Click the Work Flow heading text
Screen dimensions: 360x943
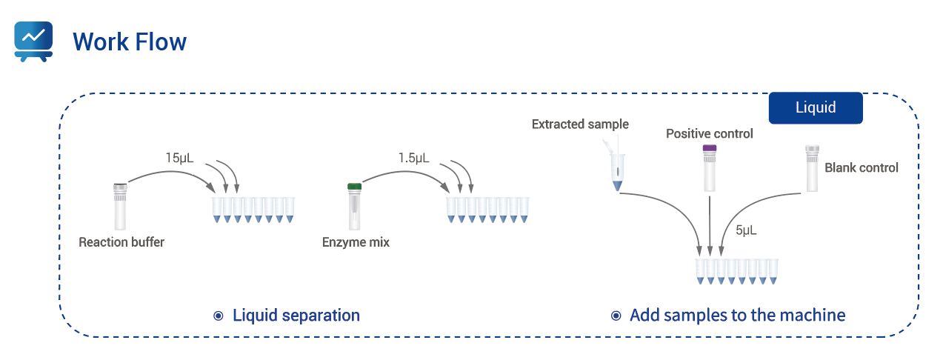[130, 41]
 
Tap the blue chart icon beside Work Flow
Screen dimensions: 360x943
[33, 41]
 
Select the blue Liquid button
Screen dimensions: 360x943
[816, 107]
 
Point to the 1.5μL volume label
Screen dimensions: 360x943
[413, 158]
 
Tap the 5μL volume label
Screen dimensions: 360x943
[746, 230]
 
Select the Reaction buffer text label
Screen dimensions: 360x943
[121, 242]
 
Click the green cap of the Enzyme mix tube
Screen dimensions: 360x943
[355, 187]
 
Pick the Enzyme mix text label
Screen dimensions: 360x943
[356, 242]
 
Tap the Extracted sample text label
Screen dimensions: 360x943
[580, 124]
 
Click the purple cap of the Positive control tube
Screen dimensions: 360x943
[710, 149]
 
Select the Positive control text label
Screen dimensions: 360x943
[709, 134]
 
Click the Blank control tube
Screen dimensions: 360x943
[812, 169]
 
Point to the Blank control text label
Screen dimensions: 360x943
[861, 168]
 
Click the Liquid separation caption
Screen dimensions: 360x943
[296, 316]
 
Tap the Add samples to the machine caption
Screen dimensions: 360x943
[737, 316]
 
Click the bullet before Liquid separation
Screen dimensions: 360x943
[219, 316]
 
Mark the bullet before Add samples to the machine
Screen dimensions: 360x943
[616, 316]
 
